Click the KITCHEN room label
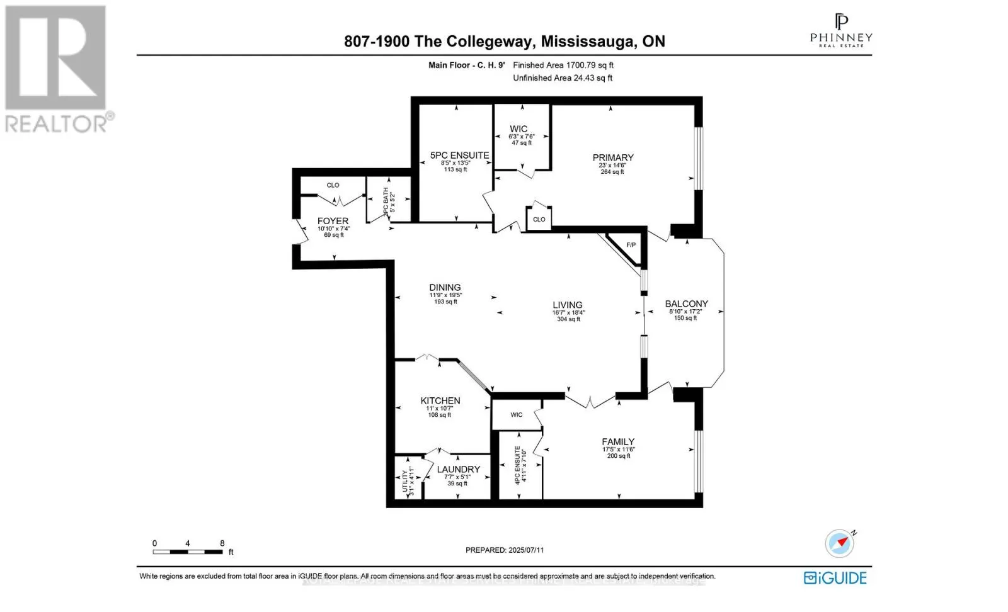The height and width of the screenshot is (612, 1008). tap(440, 401)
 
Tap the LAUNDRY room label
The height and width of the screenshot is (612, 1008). tap(458, 470)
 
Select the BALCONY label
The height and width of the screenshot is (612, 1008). tap(686, 304)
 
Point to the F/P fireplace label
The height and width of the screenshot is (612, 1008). tap(631, 245)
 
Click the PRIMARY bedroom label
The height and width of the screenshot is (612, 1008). tap(612, 158)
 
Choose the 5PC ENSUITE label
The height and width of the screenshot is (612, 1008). tap(459, 156)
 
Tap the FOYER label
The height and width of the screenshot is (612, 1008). tap(333, 222)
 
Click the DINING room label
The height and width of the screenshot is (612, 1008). tap(445, 288)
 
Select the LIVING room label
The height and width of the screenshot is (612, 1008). tap(567, 305)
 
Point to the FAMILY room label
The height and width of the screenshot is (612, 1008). tap(617, 442)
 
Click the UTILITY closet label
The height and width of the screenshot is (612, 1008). tap(405, 481)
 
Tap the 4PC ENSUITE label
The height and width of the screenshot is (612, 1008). tap(518, 465)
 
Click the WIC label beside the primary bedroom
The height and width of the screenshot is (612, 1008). tap(518, 129)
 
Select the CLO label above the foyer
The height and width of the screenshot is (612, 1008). tap(333, 185)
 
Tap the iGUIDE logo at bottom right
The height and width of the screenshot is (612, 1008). tap(835, 577)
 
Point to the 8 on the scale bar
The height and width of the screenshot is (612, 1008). tap(222, 543)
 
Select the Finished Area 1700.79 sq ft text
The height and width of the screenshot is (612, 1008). tap(563, 65)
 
